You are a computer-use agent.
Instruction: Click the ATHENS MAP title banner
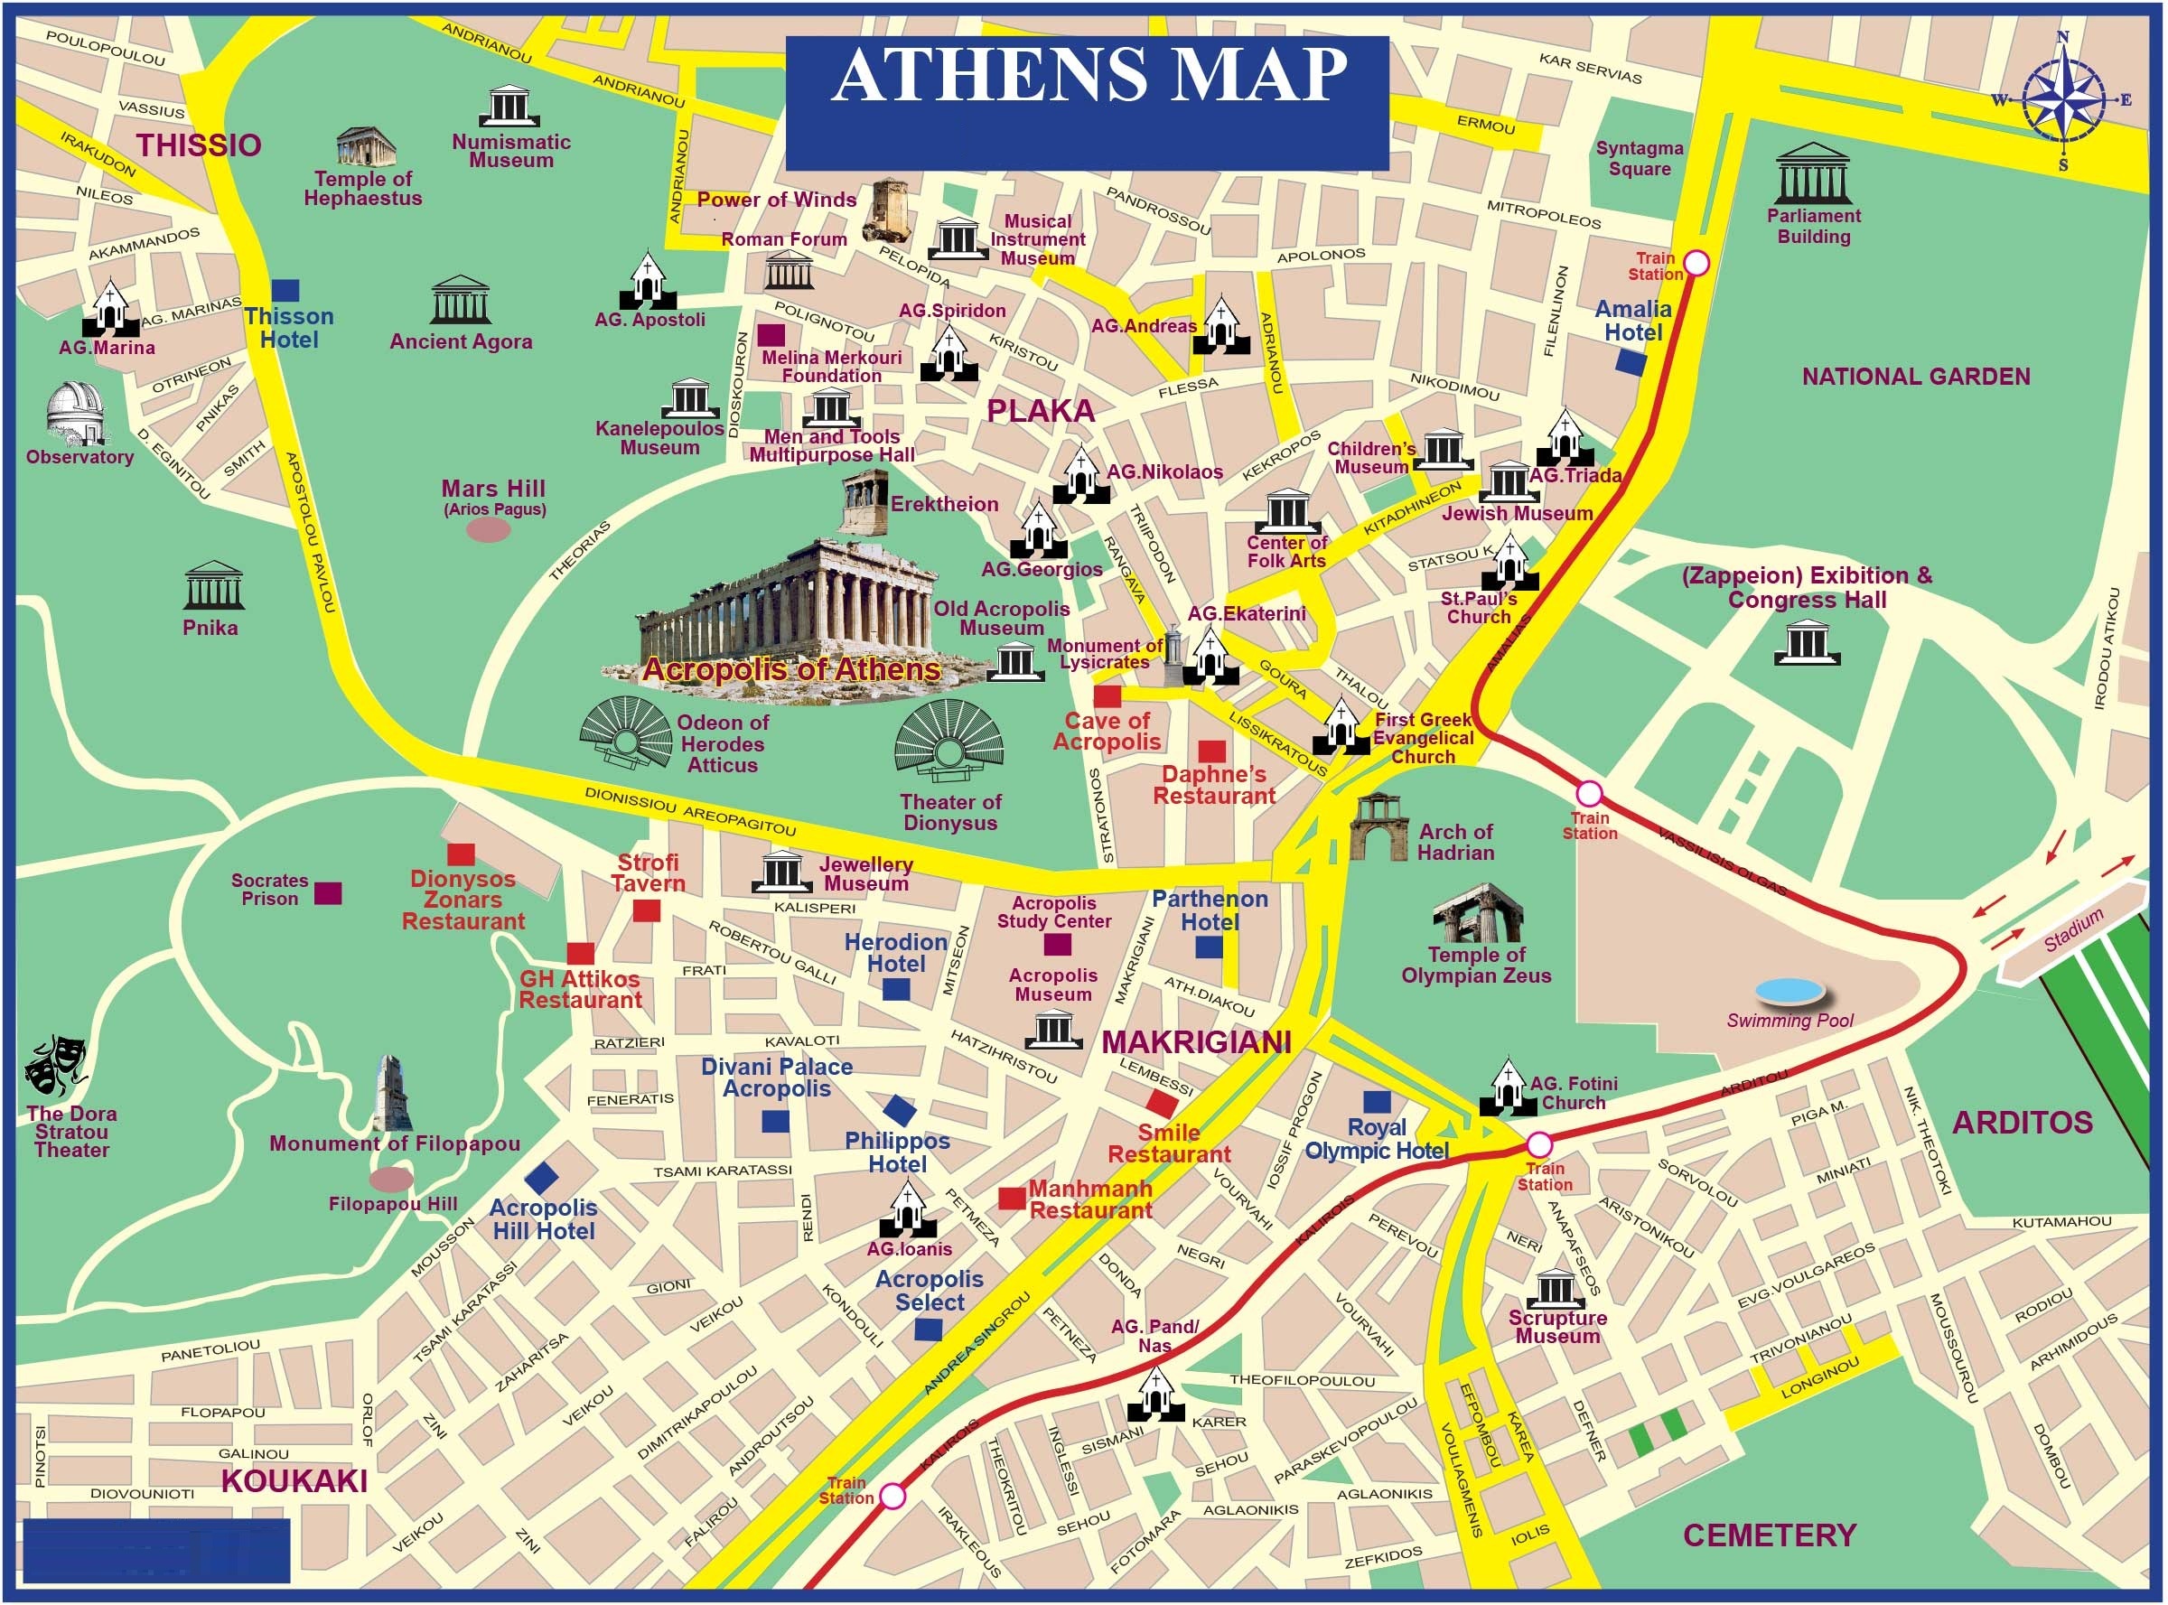1087,102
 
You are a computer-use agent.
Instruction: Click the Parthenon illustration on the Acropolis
787,612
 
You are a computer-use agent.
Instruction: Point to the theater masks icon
56,1065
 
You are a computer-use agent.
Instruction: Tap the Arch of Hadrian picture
1378,826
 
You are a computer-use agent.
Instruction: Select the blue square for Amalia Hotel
1630,362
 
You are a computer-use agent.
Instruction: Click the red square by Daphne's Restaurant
1210,751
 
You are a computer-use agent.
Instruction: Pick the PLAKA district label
1041,411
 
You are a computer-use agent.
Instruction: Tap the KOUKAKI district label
294,1480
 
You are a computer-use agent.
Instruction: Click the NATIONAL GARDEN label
1915,377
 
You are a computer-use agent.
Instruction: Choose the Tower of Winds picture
890,207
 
